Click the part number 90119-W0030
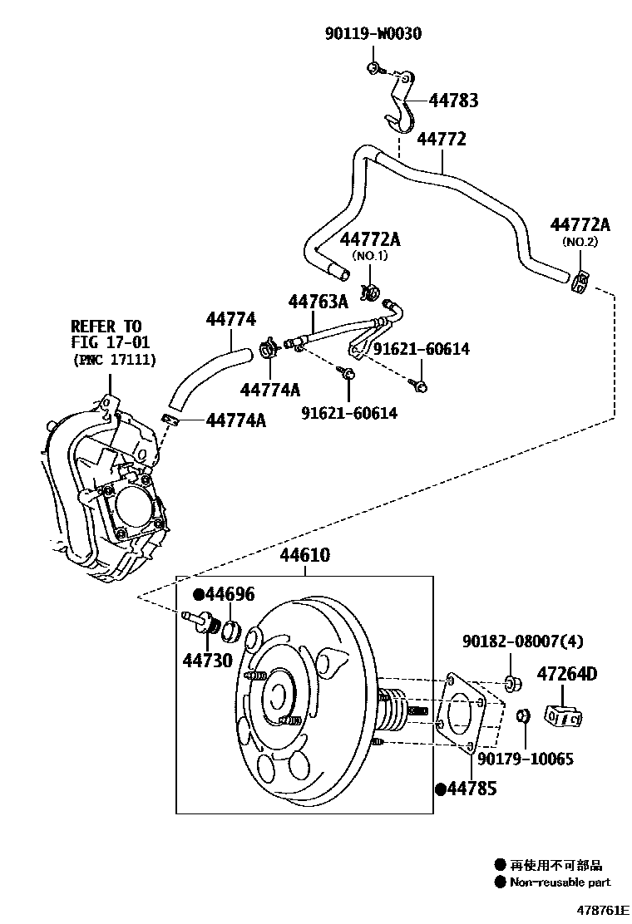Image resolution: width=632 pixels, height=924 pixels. click(x=373, y=33)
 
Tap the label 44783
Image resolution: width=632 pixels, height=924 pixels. click(x=453, y=101)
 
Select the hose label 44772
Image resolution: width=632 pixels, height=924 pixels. click(x=442, y=139)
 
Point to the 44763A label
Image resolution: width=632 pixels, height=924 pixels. click(x=318, y=302)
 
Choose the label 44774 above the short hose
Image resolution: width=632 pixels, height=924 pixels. click(x=231, y=319)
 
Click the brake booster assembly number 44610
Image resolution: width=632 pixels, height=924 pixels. click(x=305, y=554)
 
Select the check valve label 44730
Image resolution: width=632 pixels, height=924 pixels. click(x=208, y=660)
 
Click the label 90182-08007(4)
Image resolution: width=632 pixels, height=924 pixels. click(x=522, y=641)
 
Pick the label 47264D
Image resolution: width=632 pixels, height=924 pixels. click(x=566, y=674)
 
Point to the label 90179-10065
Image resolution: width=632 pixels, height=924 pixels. click(x=526, y=759)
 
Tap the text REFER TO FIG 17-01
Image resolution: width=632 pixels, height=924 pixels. click(x=111, y=334)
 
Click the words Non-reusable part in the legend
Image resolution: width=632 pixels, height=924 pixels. click(x=560, y=882)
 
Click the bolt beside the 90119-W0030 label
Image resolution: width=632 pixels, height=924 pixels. click(x=373, y=68)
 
